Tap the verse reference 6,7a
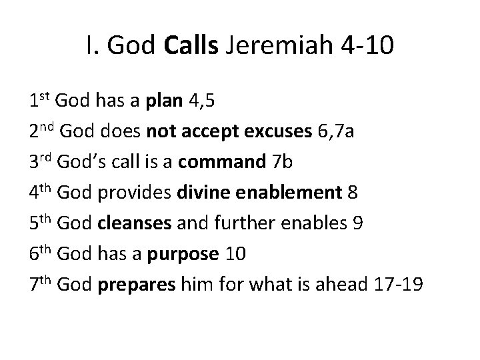[337, 131]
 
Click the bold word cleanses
[135, 223]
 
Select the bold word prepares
[136, 285]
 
